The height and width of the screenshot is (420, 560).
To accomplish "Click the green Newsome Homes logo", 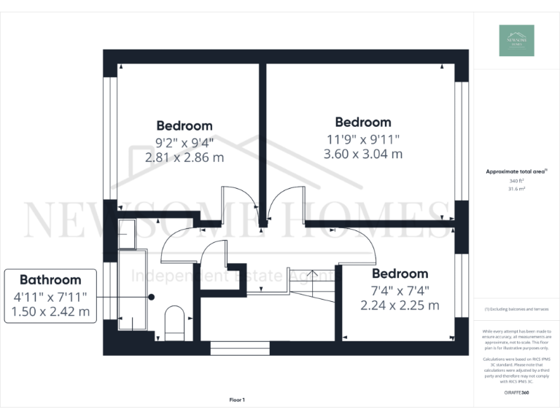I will (516, 40).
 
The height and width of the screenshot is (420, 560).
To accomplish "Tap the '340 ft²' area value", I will (516, 181).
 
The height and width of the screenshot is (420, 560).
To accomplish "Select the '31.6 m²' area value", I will (516, 188).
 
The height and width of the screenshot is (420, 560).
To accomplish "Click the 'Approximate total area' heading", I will (516, 172).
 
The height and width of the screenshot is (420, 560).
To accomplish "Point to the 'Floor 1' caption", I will (237, 400).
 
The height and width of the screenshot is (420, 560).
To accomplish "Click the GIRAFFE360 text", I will (516, 393).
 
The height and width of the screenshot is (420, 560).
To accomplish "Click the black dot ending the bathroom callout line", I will (152, 297).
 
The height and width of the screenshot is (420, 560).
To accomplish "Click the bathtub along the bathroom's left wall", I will (132, 288).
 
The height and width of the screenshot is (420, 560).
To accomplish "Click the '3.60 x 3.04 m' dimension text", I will (362, 154).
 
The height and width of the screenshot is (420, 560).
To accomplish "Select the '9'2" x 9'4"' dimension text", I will (184, 143).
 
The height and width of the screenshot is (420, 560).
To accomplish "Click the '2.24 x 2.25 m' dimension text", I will (400, 306).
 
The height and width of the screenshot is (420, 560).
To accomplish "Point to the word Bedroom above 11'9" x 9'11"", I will (362, 122).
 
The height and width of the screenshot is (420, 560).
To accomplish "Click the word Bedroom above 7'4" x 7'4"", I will (400, 273).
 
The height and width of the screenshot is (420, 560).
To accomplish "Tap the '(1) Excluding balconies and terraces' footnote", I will (516, 309).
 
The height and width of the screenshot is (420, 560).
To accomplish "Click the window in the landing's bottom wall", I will (240, 347).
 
